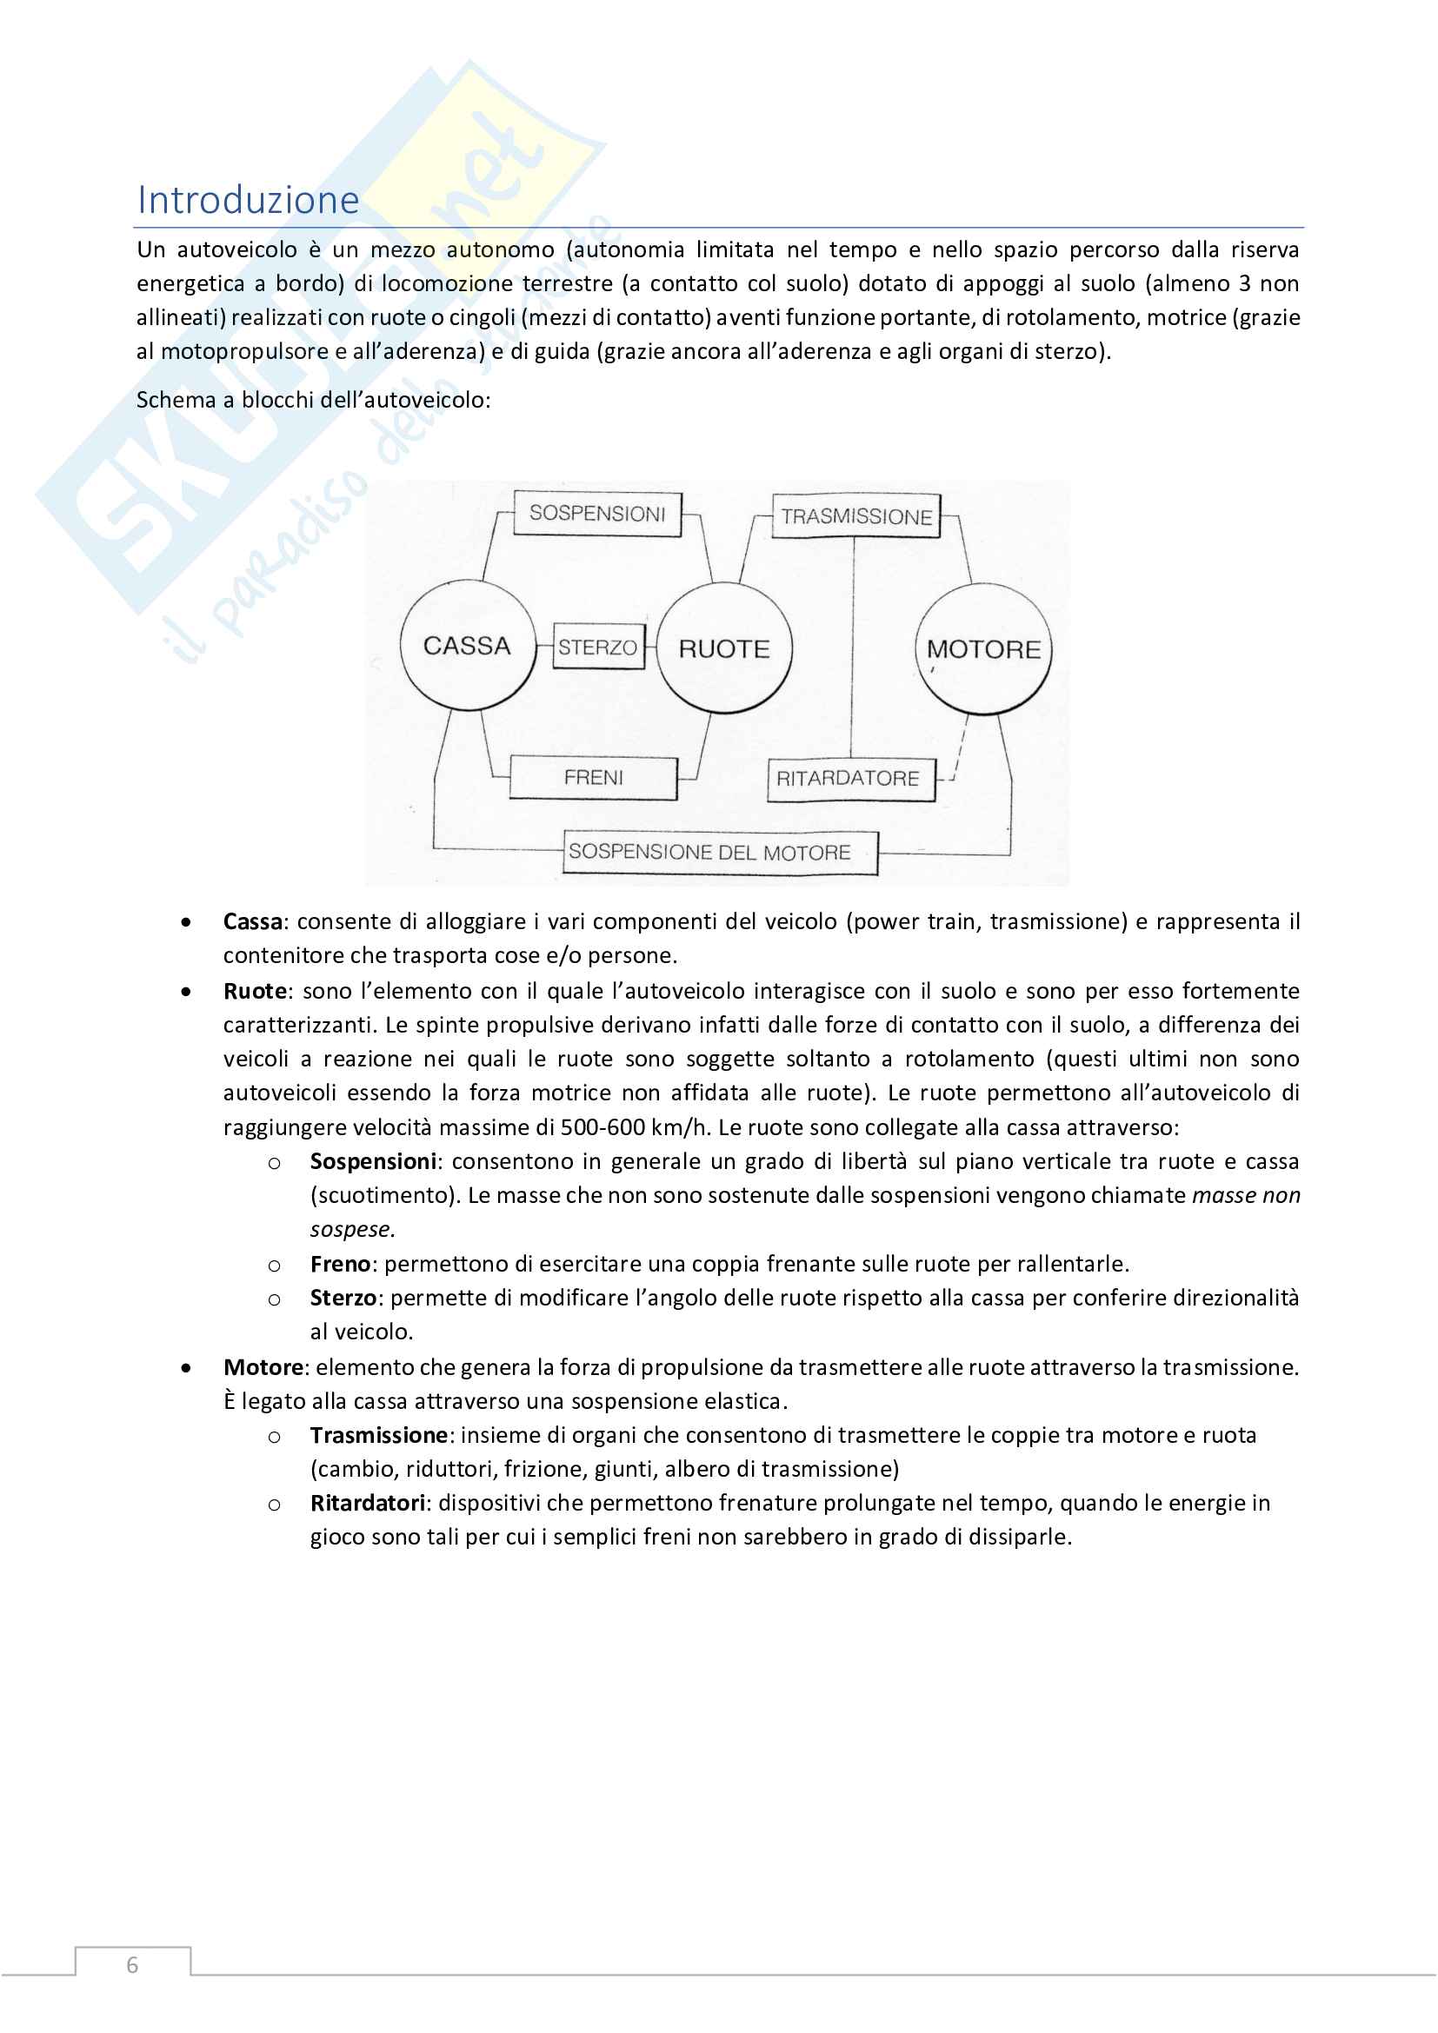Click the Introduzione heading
tap(248, 200)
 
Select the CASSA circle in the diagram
tap(468, 646)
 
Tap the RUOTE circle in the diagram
tap(724, 649)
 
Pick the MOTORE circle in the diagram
tap(983, 649)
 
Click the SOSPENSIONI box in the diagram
tap(597, 514)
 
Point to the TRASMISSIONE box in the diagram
tap(856, 516)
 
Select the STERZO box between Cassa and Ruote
tap(597, 648)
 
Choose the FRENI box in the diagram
tap(593, 777)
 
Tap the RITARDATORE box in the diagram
tap(849, 778)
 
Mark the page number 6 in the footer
tap(133, 1965)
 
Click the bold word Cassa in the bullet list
tap(252, 921)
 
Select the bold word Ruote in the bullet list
tap(255, 991)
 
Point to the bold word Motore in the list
tap(263, 1367)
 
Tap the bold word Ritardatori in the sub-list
tap(368, 1503)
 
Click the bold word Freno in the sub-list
tap(339, 1264)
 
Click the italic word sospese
tap(350, 1229)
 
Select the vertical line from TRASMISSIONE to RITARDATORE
tap(853, 647)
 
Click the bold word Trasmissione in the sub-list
tap(379, 1434)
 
